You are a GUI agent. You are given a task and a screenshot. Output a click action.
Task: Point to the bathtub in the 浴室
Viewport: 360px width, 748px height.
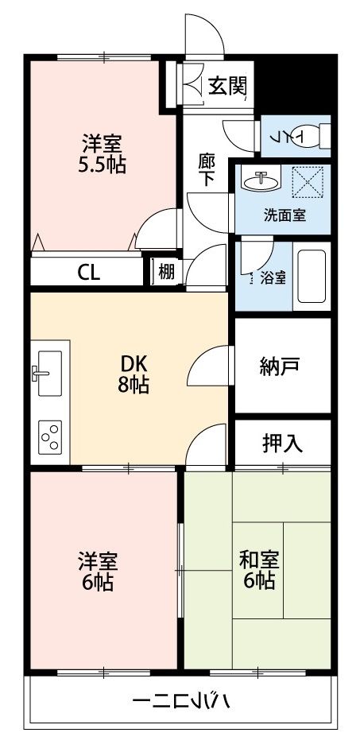311,280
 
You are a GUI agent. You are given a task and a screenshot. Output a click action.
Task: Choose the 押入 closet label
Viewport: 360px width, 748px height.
282,443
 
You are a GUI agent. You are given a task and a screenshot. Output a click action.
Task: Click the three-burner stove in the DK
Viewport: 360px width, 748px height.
50,437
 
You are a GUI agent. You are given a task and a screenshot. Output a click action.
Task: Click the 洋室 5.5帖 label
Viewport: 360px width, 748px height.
103,155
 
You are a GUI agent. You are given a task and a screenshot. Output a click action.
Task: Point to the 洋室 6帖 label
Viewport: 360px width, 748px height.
97,571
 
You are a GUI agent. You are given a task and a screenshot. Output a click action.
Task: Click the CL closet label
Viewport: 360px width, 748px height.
88,273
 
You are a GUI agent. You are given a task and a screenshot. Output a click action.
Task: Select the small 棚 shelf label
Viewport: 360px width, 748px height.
165,273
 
